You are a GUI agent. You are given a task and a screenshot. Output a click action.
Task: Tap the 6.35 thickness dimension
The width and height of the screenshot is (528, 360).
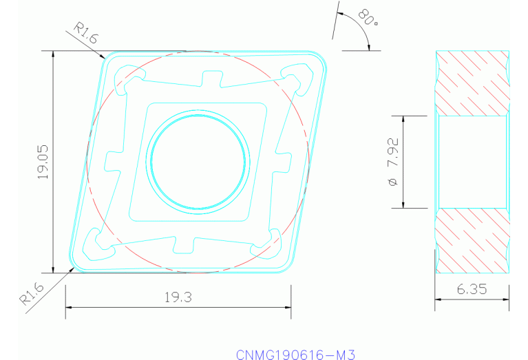coord(472,290)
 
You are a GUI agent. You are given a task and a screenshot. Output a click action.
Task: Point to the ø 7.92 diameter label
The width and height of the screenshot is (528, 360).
coord(393,162)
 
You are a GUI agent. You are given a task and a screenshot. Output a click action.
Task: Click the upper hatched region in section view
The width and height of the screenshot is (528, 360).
coord(472,83)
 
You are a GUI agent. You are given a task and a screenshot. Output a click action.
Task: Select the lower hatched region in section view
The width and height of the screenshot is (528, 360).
coord(472,241)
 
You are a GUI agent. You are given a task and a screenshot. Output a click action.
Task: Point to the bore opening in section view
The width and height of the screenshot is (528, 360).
coord(472,162)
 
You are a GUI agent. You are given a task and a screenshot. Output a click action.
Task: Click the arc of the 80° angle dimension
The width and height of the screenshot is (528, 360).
coord(362,28)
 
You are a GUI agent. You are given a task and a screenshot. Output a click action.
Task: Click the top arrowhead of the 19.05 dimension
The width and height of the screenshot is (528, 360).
coord(54,55)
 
